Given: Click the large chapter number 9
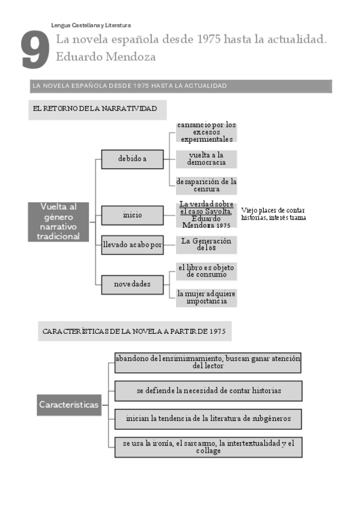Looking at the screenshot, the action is [35, 51].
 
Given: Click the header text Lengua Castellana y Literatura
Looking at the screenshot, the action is [91, 25].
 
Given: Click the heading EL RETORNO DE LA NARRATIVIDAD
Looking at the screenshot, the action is [96, 108].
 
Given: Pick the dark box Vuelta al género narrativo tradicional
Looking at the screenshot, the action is [59, 221].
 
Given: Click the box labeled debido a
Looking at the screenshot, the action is [132, 159].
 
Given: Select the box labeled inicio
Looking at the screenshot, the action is [132, 215].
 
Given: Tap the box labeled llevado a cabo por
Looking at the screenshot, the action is [132, 245].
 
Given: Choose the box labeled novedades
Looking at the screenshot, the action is [132, 284].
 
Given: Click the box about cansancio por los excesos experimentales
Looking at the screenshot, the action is [206, 132].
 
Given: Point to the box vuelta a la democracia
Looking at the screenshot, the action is [206, 159].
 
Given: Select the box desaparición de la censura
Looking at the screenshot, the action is [206, 185].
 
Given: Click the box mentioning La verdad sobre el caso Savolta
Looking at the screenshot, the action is [206, 214].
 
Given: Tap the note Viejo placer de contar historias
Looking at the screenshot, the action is [273, 214].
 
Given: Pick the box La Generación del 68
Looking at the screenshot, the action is [206, 245].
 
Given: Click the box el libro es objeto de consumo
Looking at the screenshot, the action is [206, 271].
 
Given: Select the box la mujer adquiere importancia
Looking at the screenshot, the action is [206, 297].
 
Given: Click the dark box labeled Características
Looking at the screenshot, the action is [69, 405].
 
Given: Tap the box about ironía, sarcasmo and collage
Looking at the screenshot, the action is [208, 447].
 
